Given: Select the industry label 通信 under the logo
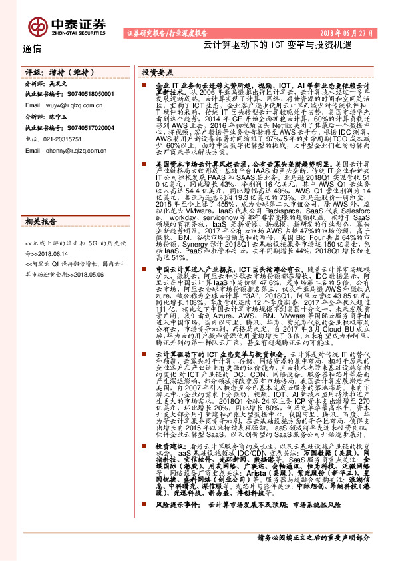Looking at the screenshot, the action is (31, 48).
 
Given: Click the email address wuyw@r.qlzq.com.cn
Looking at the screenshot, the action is (79, 105).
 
